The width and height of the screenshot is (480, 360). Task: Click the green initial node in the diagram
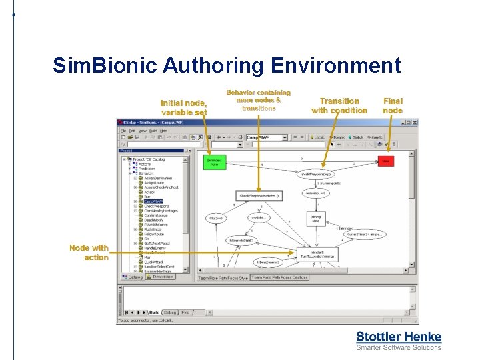coord(214,162)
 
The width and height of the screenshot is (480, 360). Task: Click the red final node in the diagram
coord(386,161)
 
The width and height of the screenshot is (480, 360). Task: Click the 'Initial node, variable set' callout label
coord(184,107)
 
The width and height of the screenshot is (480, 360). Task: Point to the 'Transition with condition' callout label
coord(339,105)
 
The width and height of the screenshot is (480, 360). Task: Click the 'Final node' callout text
coord(393,105)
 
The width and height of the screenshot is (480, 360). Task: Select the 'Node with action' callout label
coord(89,253)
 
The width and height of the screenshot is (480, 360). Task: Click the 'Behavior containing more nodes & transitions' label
coord(259,100)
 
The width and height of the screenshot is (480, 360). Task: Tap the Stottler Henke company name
coord(399,337)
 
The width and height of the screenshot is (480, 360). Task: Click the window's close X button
coord(415,123)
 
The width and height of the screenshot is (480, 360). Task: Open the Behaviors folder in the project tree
coord(147,173)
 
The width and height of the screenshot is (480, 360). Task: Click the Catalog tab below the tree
coord(135,277)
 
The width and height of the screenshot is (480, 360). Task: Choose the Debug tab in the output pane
coord(170,312)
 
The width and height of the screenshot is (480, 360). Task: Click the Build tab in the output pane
coord(154,312)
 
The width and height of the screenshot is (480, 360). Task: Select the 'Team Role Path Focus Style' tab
coord(223,278)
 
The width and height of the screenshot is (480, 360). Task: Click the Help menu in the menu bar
coord(163,131)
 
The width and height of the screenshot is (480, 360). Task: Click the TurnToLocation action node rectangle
coord(315,255)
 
